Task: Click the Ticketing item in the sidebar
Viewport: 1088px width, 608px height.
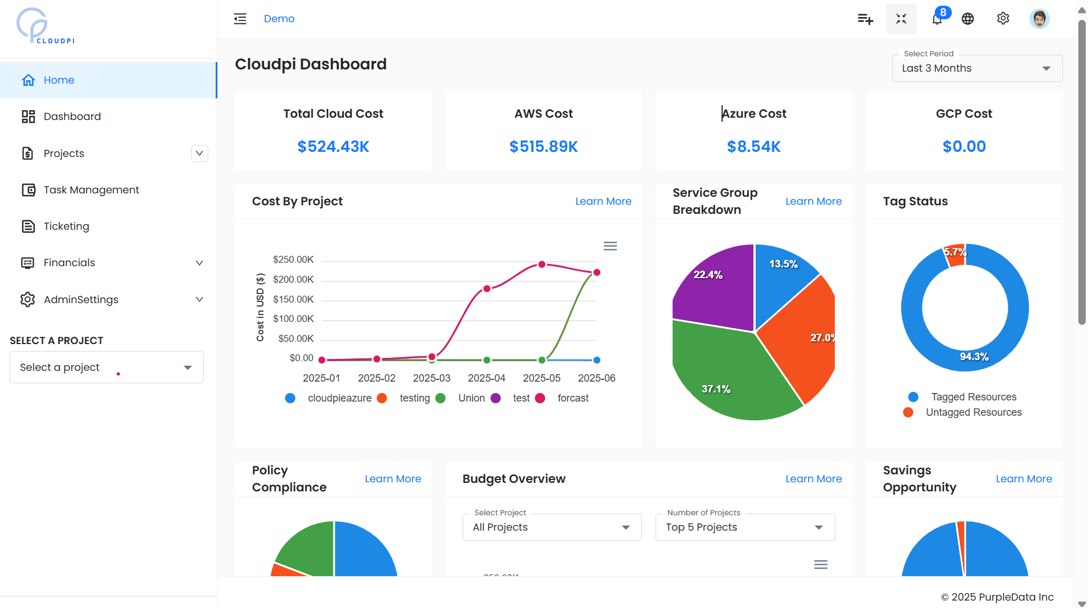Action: pyautogui.click(x=66, y=226)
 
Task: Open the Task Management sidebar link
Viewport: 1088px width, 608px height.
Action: pyautogui.click(x=91, y=190)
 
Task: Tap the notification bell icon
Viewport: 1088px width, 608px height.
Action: pyautogui.click(x=937, y=19)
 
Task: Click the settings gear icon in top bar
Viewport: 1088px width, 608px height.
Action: pyautogui.click(x=1003, y=19)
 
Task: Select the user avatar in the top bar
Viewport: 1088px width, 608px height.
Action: pyautogui.click(x=1039, y=19)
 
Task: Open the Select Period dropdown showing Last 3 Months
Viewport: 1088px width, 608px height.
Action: pyautogui.click(x=976, y=68)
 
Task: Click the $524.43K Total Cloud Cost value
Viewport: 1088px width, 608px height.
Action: pyautogui.click(x=333, y=147)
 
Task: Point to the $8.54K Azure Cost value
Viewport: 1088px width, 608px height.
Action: pyautogui.click(x=753, y=147)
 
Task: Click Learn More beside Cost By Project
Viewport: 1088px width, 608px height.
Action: pyautogui.click(x=603, y=201)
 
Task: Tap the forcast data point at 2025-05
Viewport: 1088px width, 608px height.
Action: pyautogui.click(x=542, y=264)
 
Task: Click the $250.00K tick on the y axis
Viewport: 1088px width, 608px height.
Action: pyautogui.click(x=293, y=260)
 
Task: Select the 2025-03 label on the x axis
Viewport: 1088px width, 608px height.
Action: pyautogui.click(x=431, y=378)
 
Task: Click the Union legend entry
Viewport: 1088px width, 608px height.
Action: pyautogui.click(x=471, y=398)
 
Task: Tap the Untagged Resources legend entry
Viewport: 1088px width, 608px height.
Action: pyautogui.click(x=973, y=412)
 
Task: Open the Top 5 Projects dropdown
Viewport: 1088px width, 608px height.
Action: pyautogui.click(x=744, y=527)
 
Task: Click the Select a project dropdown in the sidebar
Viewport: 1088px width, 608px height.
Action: pyautogui.click(x=106, y=367)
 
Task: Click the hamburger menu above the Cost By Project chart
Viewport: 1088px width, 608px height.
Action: pyautogui.click(x=610, y=246)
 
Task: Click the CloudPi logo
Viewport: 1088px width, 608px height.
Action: pyautogui.click(x=46, y=26)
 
